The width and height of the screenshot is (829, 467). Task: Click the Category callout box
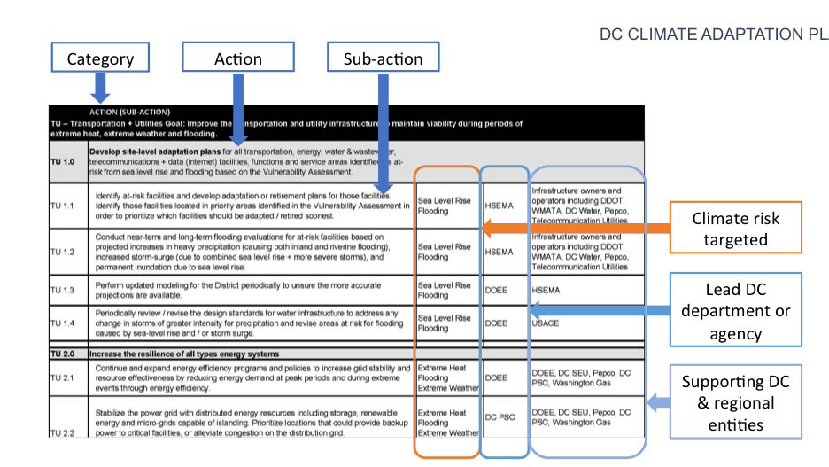coord(100,58)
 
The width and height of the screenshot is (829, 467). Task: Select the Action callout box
coord(237,58)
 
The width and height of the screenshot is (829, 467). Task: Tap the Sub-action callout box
coord(383,58)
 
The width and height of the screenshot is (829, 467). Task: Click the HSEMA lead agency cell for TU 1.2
coord(500,252)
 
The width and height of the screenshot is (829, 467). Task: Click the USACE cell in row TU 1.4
coord(546,323)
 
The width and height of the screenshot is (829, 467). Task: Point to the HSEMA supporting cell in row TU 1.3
coord(547,290)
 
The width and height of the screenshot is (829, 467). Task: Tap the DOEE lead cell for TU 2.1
coord(497,377)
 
